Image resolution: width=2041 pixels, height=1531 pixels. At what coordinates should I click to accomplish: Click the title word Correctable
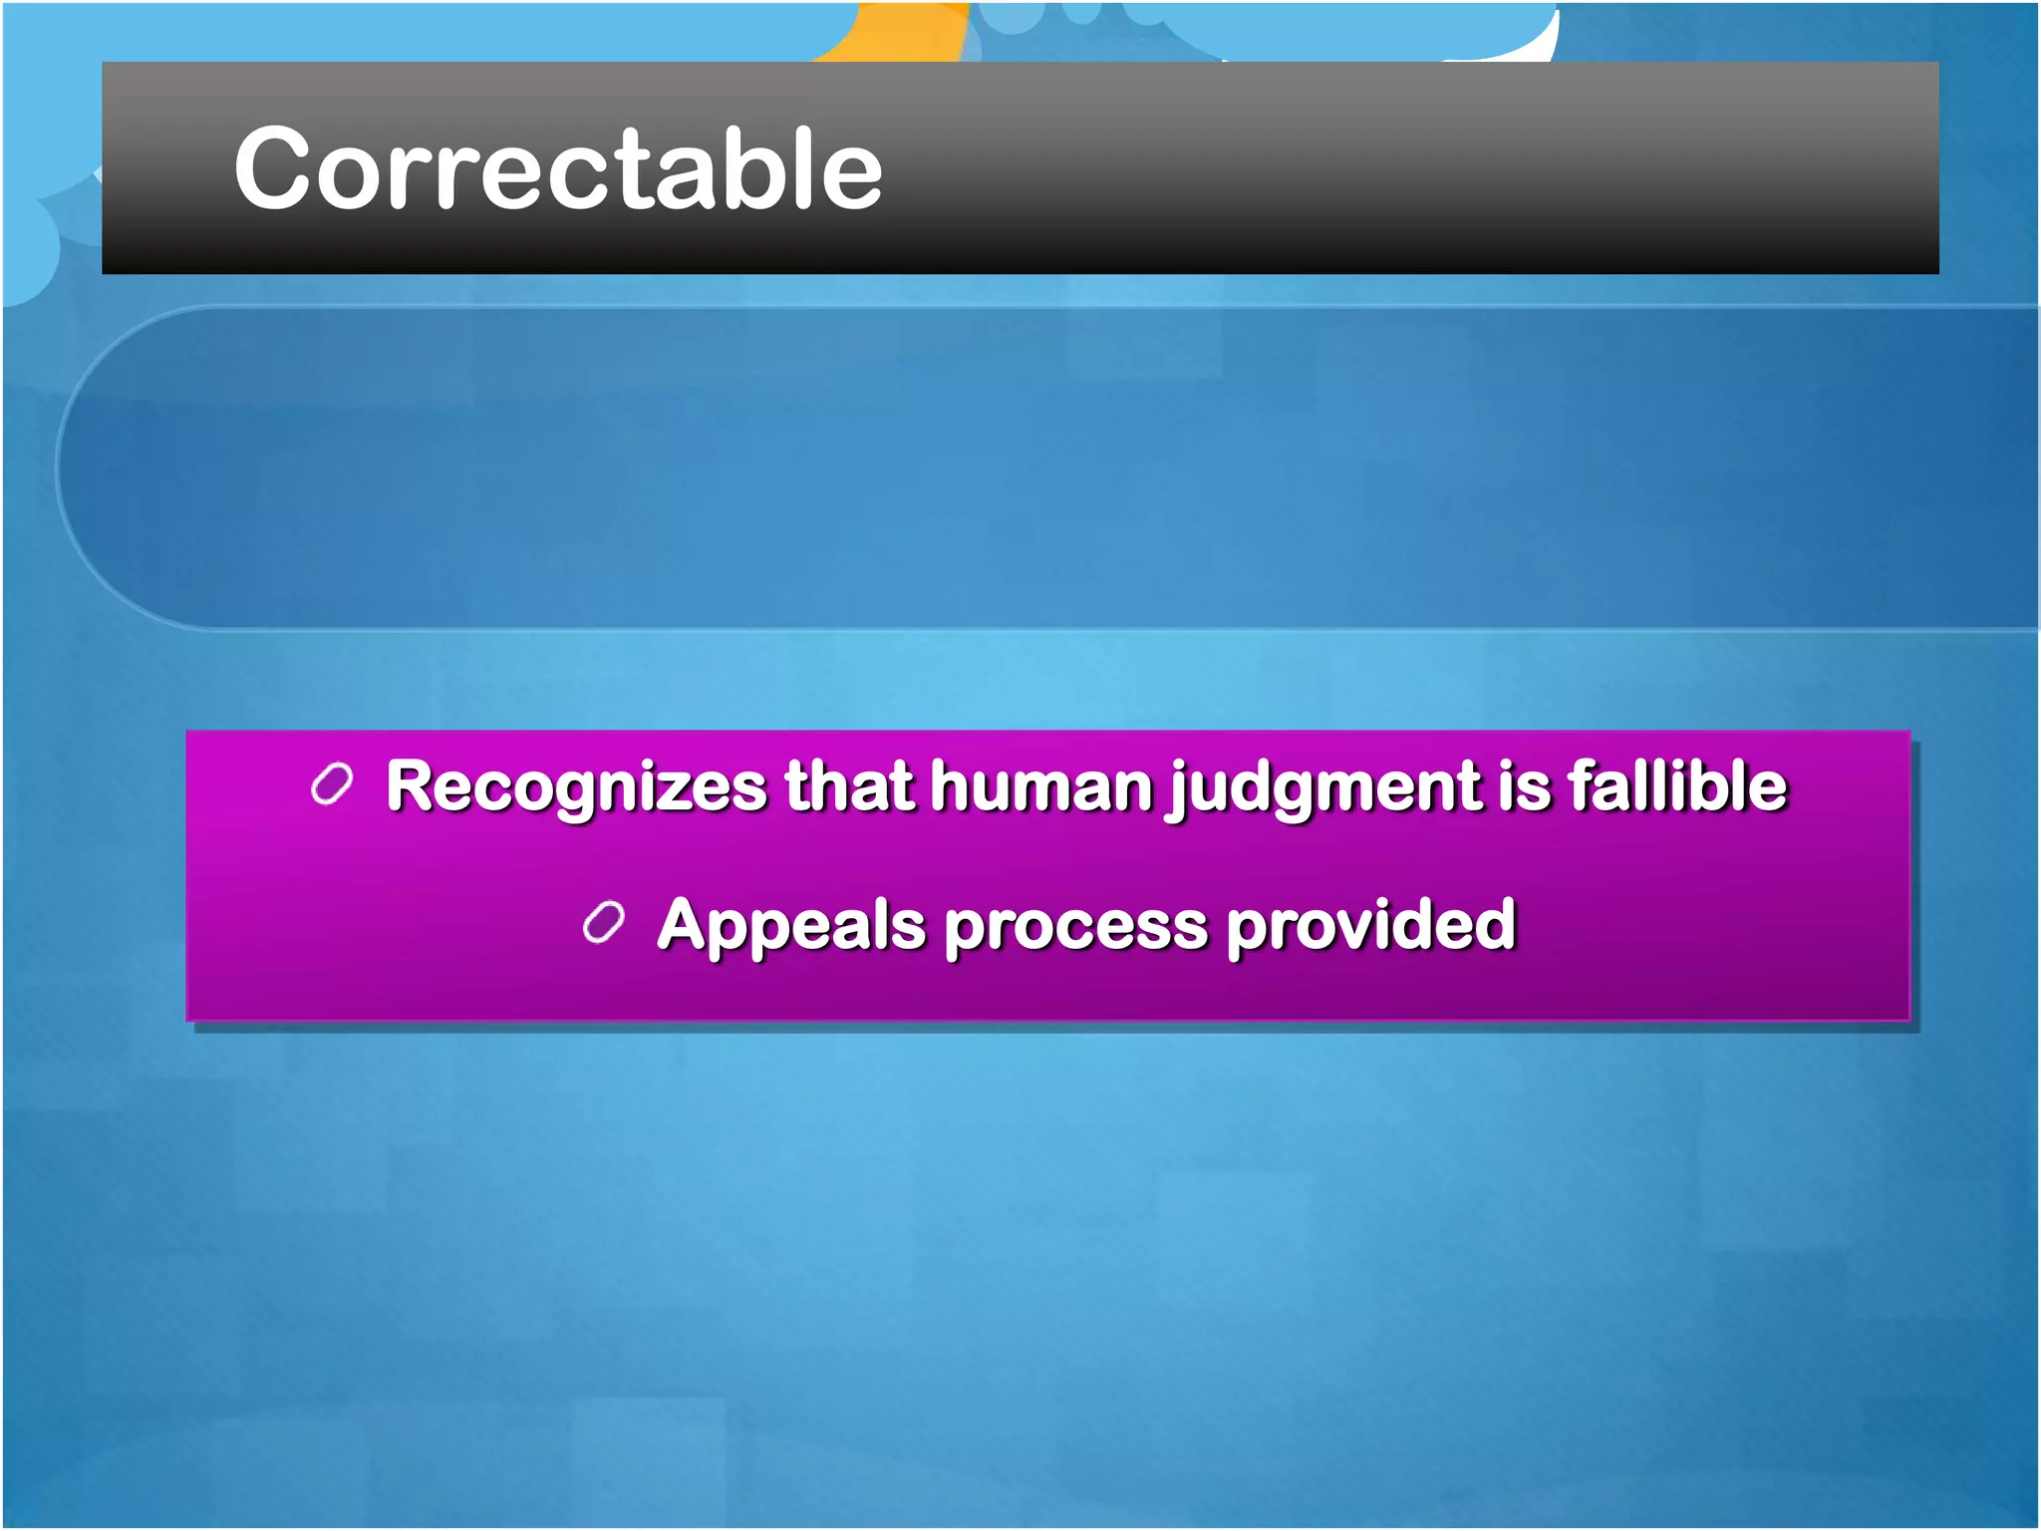click(558, 169)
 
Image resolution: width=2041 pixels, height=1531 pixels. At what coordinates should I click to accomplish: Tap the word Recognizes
click(576, 786)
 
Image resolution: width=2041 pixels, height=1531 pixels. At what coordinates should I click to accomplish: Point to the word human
click(1042, 786)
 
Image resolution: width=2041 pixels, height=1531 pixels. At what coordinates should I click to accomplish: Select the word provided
click(1371, 925)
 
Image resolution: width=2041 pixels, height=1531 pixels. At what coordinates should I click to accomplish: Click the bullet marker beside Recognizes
click(332, 784)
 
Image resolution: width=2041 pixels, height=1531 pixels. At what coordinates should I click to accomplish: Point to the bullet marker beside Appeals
click(603, 923)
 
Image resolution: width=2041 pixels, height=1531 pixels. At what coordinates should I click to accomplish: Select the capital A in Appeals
click(687, 925)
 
